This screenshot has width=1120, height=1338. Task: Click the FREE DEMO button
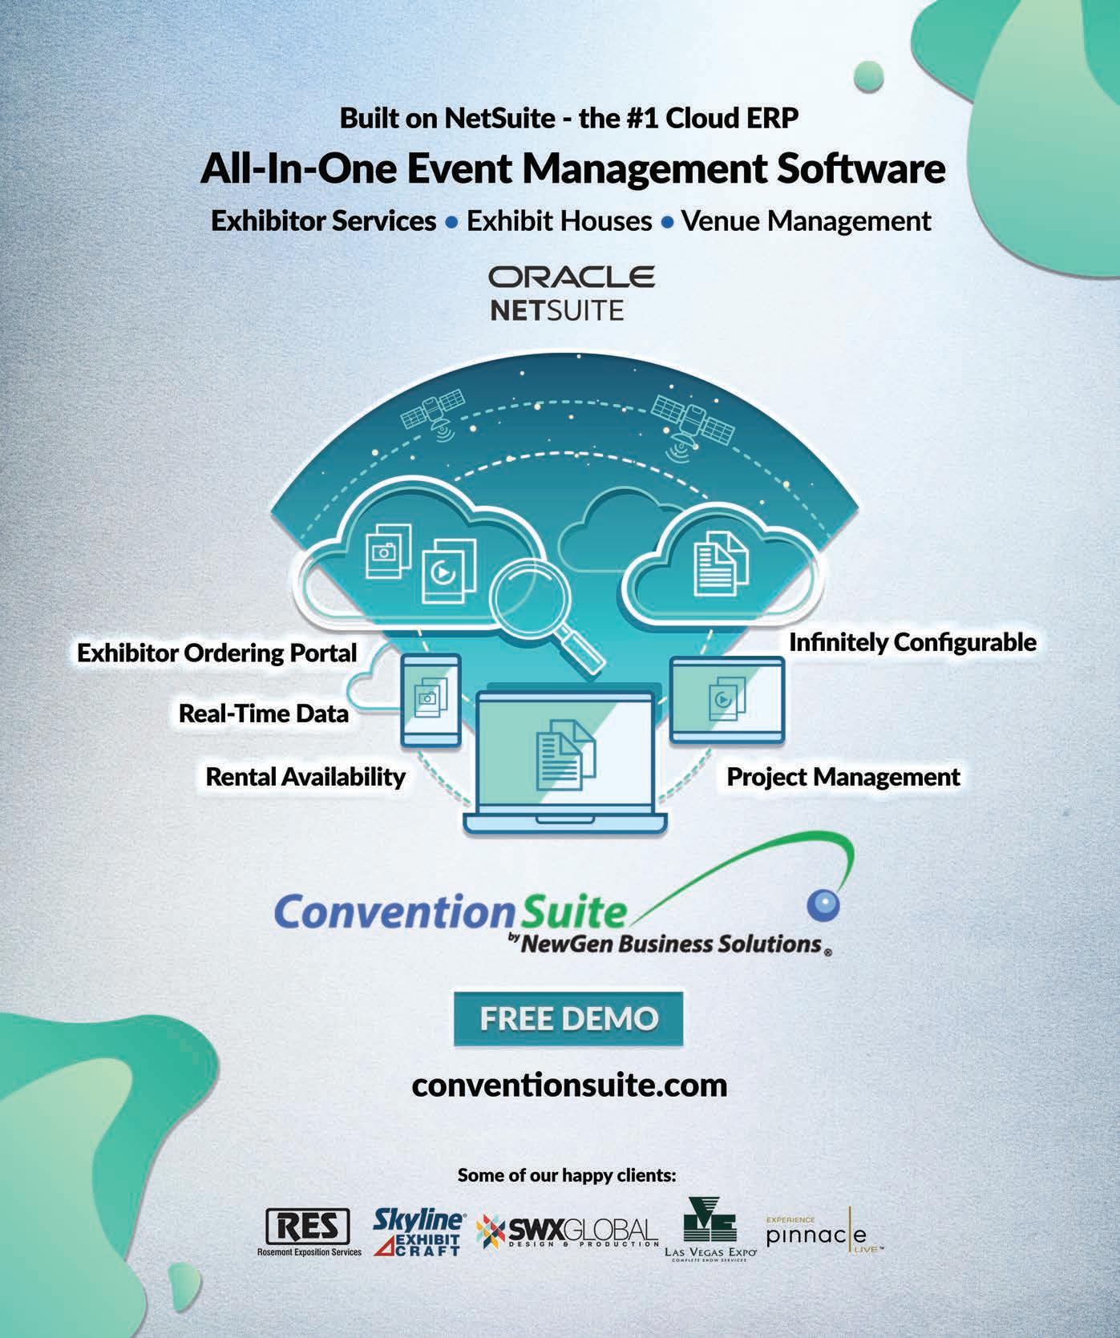click(x=568, y=1018)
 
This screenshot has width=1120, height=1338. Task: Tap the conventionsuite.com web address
click(x=569, y=1085)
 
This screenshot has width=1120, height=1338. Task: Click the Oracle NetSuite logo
click(x=571, y=293)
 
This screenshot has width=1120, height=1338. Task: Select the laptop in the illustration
click(x=565, y=762)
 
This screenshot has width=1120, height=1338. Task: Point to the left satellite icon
click(x=435, y=413)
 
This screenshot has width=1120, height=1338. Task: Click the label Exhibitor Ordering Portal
click(x=217, y=653)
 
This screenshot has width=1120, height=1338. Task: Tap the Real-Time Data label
click(x=264, y=713)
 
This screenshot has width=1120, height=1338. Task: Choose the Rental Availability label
click(x=305, y=776)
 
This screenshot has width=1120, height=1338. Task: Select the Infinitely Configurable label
click(x=912, y=642)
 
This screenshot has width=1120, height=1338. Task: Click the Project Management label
click(x=843, y=776)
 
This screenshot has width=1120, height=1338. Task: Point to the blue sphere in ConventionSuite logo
click(x=823, y=904)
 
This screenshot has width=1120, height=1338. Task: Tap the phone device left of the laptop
click(x=431, y=699)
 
